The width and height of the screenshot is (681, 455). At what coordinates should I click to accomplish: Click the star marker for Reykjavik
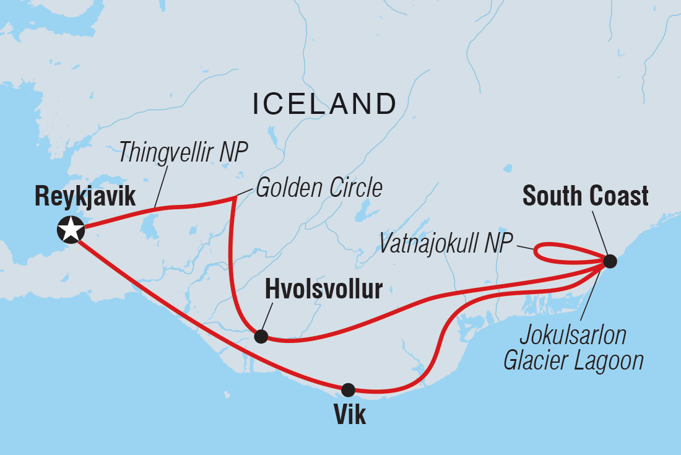pyautogui.click(x=71, y=229)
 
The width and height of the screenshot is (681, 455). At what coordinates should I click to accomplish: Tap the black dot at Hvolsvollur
pyautogui.click(x=261, y=336)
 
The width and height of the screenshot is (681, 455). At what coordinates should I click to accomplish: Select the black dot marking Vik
pyautogui.click(x=349, y=390)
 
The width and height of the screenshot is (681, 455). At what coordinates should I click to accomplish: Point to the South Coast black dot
pyautogui.click(x=610, y=261)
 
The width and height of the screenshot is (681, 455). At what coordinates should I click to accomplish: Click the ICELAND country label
pyautogui.click(x=324, y=104)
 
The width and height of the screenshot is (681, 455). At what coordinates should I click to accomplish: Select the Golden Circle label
pyautogui.click(x=319, y=188)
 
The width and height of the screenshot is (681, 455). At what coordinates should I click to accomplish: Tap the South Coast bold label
pyautogui.click(x=586, y=196)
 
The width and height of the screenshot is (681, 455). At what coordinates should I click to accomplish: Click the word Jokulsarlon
pyautogui.click(x=573, y=336)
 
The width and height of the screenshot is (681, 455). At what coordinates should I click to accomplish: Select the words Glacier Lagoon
pyautogui.click(x=573, y=361)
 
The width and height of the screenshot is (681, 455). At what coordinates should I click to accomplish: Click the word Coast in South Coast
pyautogui.click(x=619, y=196)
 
